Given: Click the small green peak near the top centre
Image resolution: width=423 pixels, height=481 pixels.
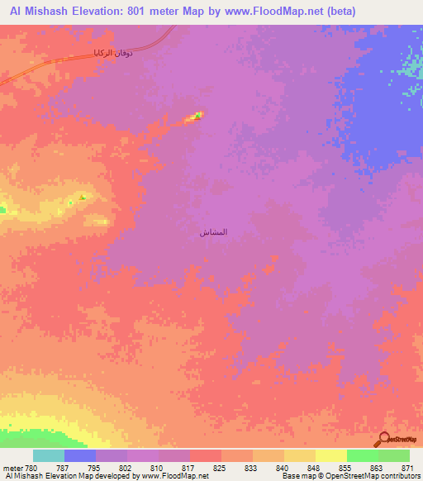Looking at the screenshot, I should (x=197, y=116).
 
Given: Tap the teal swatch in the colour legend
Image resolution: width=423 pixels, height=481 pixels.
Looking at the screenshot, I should (x=49, y=455).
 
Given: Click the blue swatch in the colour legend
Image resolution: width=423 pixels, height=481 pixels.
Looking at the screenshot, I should (x=80, y=455).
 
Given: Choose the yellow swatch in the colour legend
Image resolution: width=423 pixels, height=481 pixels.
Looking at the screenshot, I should (x=330, y=455).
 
